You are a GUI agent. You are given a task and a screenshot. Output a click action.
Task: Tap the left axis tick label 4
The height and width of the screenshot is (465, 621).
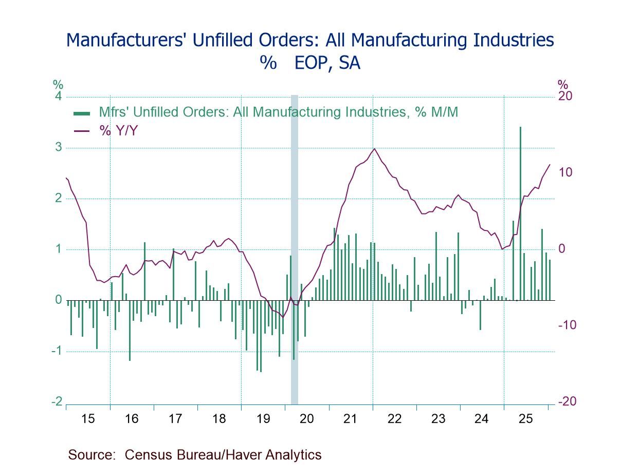click(59, 96)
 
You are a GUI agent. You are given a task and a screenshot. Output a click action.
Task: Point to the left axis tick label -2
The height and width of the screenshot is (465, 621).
click(57, 402)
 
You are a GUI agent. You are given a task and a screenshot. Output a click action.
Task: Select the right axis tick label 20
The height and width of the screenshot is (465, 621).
click(565, 96)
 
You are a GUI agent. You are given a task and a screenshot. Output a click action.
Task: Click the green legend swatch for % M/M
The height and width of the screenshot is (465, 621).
click(82, 113)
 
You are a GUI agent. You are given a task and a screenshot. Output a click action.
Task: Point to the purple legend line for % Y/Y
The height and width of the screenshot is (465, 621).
click(82, 131)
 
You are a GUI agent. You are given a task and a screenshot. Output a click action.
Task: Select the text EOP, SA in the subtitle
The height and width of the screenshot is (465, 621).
click(327, 63)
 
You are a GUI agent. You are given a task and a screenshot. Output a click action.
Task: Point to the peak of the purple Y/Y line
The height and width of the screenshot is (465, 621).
click(374, 149)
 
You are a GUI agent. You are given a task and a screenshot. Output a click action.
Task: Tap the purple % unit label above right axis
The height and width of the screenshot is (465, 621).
click(563, 84)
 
